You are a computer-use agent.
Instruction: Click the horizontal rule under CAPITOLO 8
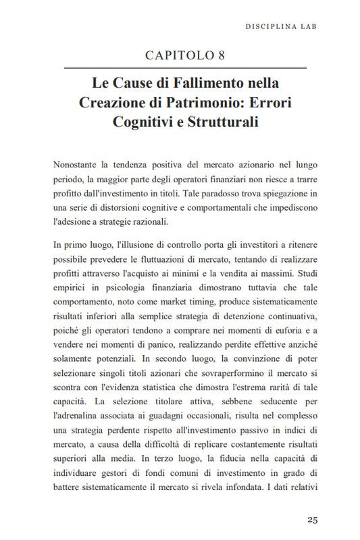click(x=185, y=69)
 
